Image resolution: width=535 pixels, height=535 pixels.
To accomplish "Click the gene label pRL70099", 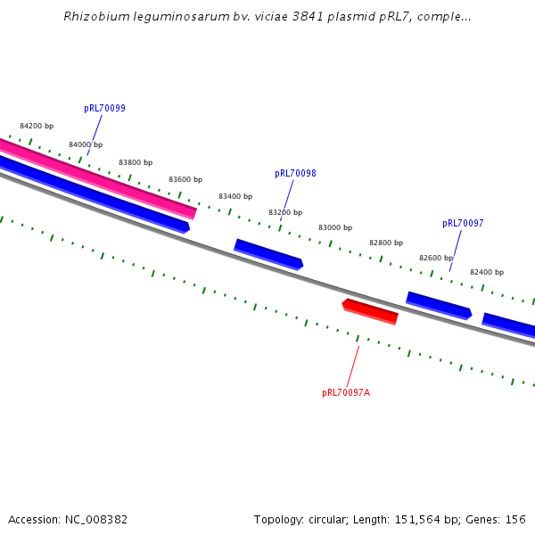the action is [104, 109].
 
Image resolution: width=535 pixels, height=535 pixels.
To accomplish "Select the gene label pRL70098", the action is [295, 174].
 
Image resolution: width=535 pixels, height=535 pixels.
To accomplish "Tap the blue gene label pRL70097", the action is [463, 223].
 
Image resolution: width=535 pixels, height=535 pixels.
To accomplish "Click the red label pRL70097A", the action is [346, 392].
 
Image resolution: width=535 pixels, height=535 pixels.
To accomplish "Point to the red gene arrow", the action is [370, 311].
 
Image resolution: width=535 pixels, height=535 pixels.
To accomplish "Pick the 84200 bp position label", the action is [37, 126].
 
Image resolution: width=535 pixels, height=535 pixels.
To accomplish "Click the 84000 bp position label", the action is [86, 144].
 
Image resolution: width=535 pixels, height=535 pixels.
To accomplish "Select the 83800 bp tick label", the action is [136, 163].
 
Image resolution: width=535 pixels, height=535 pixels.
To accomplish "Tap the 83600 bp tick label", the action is [185, 179].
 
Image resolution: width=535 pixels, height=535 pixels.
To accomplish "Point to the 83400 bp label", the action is [235, 196].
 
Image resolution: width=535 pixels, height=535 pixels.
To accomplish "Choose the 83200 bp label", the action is [285, 212].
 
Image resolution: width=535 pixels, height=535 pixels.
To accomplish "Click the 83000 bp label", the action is [335, 227].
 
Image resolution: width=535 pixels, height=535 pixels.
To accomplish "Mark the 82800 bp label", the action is [386, 243].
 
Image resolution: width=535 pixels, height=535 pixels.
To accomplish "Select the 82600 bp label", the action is [436, 258].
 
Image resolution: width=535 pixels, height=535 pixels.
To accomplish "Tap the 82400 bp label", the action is [487, 272].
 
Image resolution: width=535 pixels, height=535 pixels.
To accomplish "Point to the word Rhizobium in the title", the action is [94, 17].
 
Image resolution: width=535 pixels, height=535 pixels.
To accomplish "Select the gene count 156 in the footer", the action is [515, 519].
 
